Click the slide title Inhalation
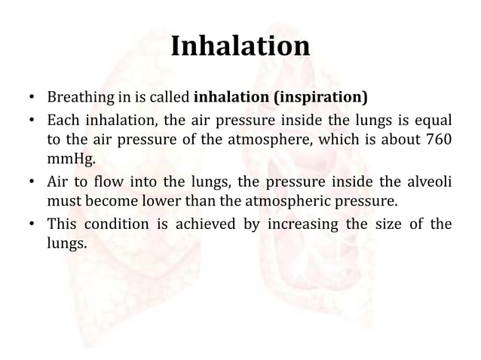tap(240, 47)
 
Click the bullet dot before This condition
tap(30, 224)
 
